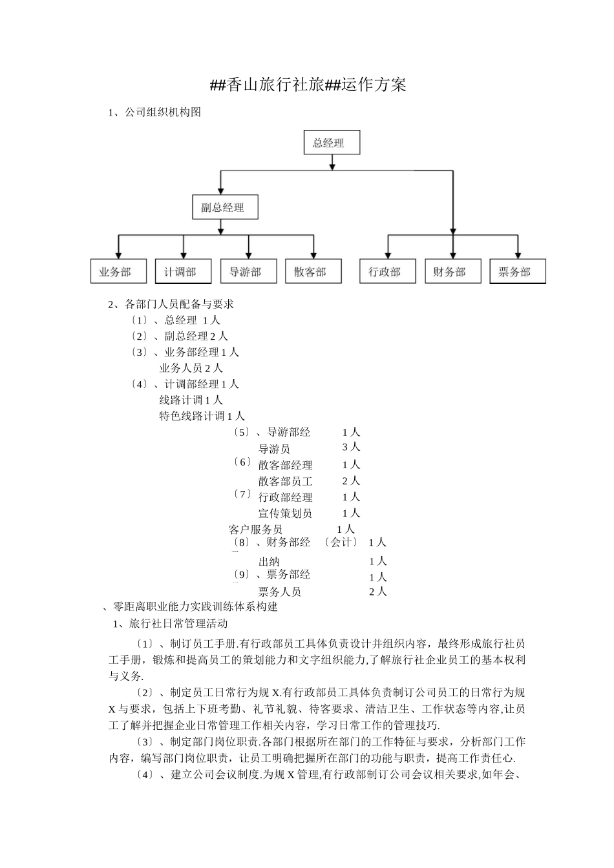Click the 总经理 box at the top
point(332,143)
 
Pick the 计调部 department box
point(184,272)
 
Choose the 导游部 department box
point(249,272)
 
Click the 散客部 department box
point(313,272)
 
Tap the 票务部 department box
point(518,272)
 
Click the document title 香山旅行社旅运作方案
point(308,85)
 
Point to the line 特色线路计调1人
point(202,416)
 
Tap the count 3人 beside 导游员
point(351,447)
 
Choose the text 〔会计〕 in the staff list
point(341,542)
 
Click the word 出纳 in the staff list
point(269,561)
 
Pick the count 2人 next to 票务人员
point(377,592)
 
